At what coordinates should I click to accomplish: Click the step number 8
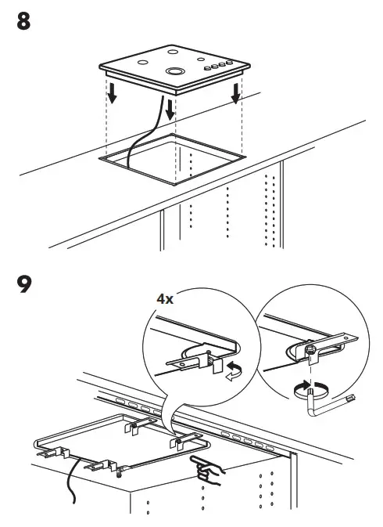[23, 21]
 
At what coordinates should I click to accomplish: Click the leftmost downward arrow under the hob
[113, 92]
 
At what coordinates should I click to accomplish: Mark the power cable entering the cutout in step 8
[141, 137]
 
